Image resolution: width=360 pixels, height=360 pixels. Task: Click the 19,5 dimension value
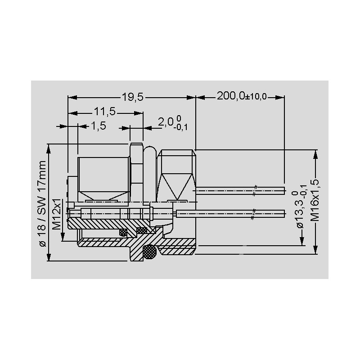coord(132,97)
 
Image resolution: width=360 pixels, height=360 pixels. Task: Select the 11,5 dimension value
coord(104,112)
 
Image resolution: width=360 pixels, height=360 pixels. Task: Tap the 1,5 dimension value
coord(99,126)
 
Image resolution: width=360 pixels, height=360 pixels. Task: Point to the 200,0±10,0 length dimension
coord(242,96)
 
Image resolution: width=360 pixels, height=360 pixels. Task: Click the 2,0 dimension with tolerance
coord(173,123)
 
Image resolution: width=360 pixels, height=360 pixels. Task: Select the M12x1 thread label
coord(57,214)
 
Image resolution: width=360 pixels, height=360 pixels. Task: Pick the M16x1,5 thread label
coord(315,200)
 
